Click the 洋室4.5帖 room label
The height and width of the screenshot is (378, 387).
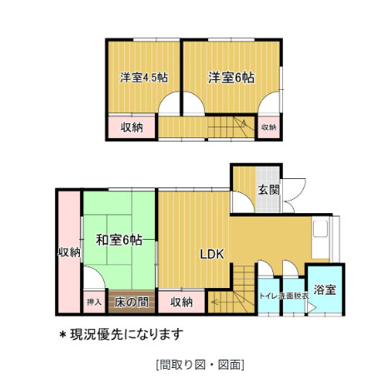(144, 77)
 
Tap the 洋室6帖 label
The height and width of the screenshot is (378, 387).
(231, 77)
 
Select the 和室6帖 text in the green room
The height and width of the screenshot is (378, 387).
(118, 240)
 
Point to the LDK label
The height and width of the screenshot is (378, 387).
(211, 256)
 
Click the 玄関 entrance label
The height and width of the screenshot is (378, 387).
(268, 190)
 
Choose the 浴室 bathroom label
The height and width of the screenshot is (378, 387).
(325, 291)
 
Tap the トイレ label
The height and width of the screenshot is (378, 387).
(267, 295)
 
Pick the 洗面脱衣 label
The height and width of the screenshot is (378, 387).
(293, 295)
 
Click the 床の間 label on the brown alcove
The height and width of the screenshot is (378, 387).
(131, 301)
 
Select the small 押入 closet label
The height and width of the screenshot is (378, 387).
(93, 301)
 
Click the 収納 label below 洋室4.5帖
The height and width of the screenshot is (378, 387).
(131, 127)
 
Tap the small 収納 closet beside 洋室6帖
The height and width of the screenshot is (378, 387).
(267, 127)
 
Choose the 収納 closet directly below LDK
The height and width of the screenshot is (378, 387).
(181, 301)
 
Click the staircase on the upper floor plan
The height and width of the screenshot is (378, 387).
(228, 127)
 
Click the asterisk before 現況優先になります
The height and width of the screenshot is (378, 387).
(62, 334)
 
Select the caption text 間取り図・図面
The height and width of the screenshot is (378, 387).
(199, 364)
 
